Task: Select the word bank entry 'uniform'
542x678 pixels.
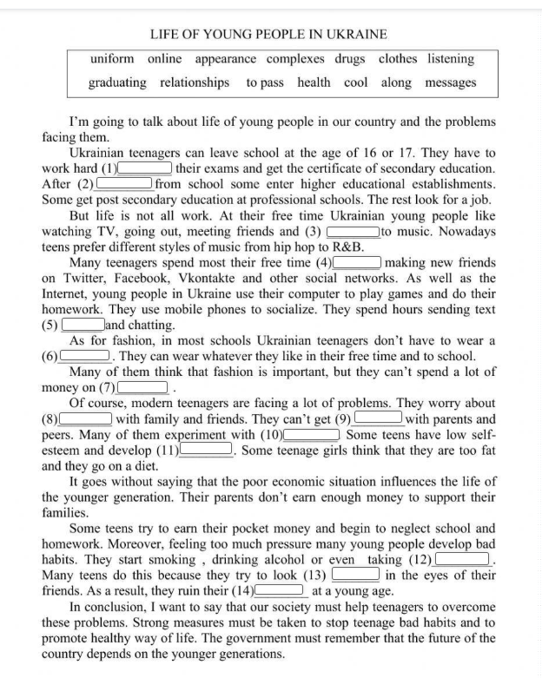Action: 112,59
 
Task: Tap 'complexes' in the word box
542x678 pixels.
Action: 295,59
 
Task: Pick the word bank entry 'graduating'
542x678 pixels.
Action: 117,82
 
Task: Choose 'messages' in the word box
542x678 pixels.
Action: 451,82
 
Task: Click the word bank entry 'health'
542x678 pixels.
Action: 314,82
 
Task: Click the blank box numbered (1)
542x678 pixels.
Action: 145,168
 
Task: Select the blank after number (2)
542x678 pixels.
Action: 124,184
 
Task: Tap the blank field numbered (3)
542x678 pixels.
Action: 353,232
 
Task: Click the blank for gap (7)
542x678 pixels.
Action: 142,387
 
